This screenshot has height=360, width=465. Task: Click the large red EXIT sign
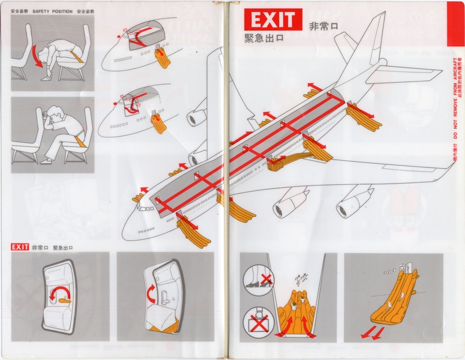click(273, 20)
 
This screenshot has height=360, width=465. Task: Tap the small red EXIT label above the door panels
click(20, 247)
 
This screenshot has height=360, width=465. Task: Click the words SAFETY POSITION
click(53, 12)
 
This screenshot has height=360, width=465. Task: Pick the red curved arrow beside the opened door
click(151, 293)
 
